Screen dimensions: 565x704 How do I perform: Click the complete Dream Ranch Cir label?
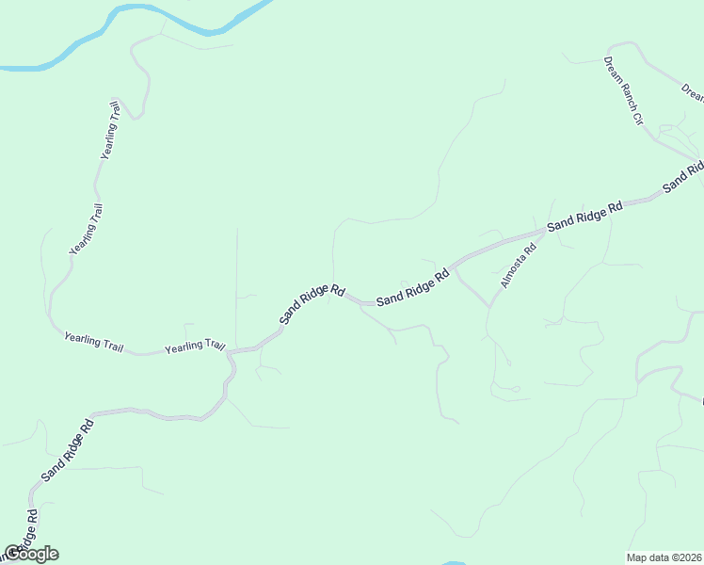click(x=622, y=91)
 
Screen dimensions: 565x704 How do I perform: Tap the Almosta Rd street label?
click(x=518, y=266)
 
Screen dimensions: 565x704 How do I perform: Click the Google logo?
click(x=30, y=554)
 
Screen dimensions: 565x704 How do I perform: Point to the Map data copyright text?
click(x=664, y=557)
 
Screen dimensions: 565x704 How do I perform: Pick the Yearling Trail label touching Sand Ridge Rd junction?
click(x=196, y=347)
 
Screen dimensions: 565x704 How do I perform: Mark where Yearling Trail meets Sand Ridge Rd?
click(x=232, y=349)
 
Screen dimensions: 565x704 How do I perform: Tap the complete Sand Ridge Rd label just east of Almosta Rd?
click(x=585, y=216)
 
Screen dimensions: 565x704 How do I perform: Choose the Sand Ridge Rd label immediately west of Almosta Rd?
click(x=412, y=288)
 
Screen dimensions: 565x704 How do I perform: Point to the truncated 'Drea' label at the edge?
click(x=693, y=92)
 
